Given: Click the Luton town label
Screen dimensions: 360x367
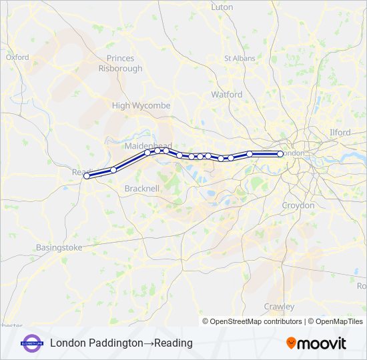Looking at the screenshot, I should (222, 7).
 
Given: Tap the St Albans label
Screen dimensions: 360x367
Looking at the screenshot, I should (240, 58).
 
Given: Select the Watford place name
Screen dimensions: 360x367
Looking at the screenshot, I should (227, 95).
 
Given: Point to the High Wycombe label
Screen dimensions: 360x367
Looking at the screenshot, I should (141, 105).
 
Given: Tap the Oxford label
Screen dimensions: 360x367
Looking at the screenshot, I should (17, 57).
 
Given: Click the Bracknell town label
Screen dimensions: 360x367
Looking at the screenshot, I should (142, 189).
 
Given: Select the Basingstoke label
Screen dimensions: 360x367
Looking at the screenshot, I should (59, 247).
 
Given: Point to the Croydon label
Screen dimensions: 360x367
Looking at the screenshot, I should (298, 205).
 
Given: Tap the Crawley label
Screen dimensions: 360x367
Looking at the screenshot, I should (279, 307).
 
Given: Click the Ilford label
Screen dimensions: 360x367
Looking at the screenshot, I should (340, 133).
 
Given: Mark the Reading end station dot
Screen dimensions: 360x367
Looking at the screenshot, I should (87, 176).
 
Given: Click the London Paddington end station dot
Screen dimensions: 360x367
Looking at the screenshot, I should (280, 154).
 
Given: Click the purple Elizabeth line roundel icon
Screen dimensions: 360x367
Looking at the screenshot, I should (32, 343).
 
